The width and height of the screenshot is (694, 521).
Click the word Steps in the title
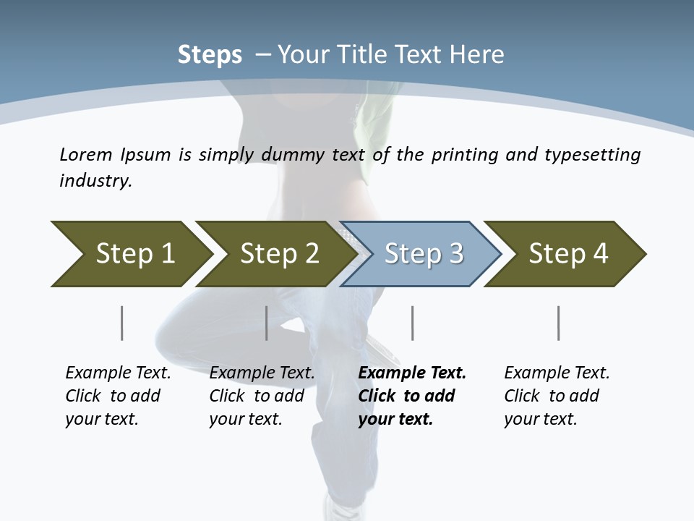click(x=210, y=55)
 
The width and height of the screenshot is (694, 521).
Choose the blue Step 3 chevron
click(x=423, y=254)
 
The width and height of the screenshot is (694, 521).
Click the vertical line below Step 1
click(x=122, y=323)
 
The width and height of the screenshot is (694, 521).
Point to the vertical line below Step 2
click(x=267, y=323)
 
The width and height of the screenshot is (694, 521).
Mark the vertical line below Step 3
click(x=413, y=323)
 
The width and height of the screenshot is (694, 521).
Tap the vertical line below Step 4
click(x=559, y=323)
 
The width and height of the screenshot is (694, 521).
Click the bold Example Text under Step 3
click(x=412, y=396)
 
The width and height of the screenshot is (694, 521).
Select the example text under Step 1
click(x=118, y=396)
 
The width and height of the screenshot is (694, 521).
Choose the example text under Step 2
click(x=262, y=396)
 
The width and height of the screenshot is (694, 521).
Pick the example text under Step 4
click(x=557, y=396)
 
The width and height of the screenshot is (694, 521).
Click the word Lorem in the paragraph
click(x=86, y=154)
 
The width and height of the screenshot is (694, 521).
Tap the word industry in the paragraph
click(x=95, y=181)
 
